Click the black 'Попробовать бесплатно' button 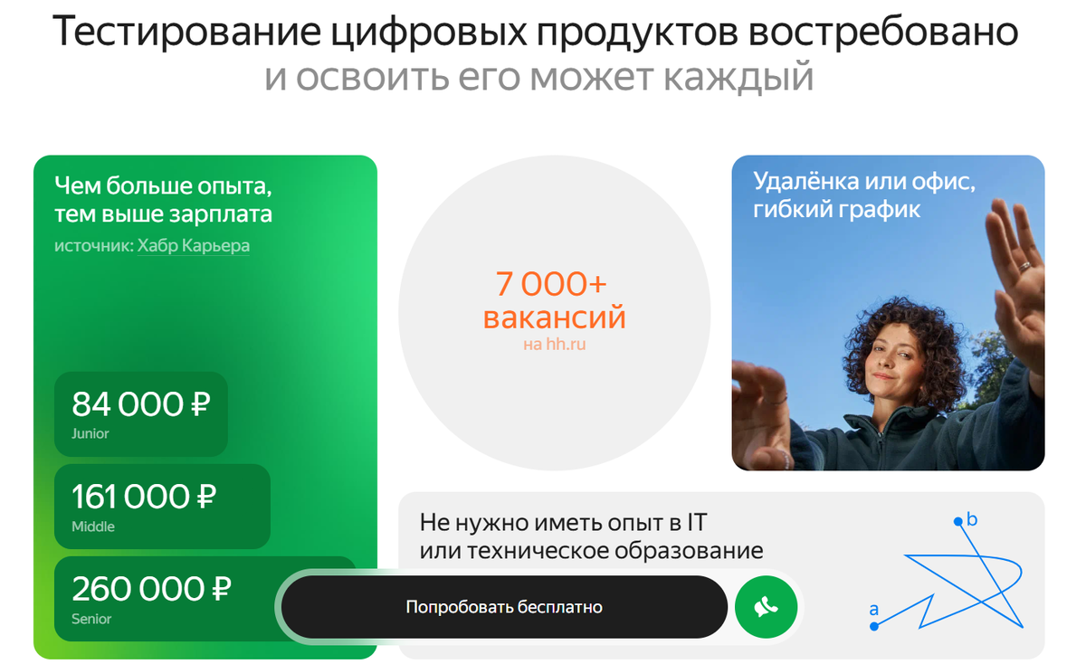pyautogui.click(x=504, y=607)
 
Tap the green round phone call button pyautogui.click(x=766, y=607)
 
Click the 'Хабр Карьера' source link pyautogui.click(x=194, y=246)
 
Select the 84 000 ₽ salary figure pyautogui.click(x=140, y=404)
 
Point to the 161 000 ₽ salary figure pyautogui.click(x=144, y=497)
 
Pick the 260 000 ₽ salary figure pyautogui.click(x=151, y=590)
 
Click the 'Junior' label pyautogui.click(x=90, y=434)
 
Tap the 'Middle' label pyautogui.click(x=93, y=526)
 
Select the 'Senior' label pyautogui.click(x=91, y=620)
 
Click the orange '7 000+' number pyautogui.click(x=551, y=284)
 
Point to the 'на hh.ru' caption pyautogui.click(x=554, y=345)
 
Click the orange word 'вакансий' pyautogui.click(x=554, y=318)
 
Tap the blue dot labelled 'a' pyautogui.click(x=874, y=626)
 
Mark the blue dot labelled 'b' pyautogui.click(x=957, y=521)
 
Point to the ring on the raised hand pyautogui.click(x=1024, y=266)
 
